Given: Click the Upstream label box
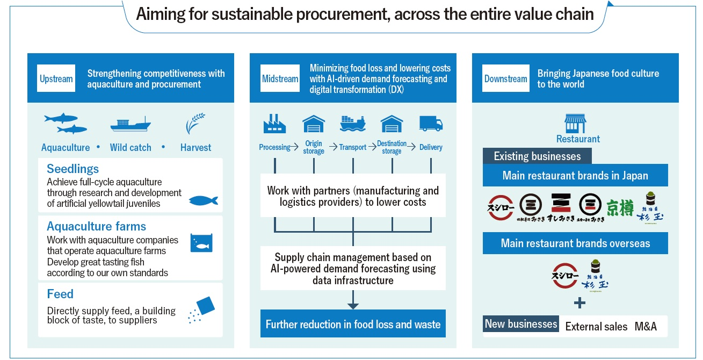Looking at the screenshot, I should [x=56, y=79].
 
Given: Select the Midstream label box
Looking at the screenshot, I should [x=280, y=79].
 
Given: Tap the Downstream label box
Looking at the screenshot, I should [x=505, y=79].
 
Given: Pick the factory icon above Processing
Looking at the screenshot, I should [x=274, y=124].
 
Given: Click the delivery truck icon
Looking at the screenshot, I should [x=431, y=124].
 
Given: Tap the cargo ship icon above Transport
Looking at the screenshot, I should [x=353, y=124].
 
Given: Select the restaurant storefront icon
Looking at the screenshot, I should [x=575, y=124].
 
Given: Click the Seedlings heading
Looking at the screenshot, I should [x=73, y=169].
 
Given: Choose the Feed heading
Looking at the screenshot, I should [x=60, y=294].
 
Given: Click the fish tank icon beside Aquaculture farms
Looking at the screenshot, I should [x=201, y=243].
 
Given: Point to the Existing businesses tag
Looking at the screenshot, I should [x=537, y=156].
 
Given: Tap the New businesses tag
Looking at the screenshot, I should [x=521, y=324].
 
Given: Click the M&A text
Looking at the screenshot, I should [x=646, y=326].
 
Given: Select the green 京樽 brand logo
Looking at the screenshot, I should [x=620, y=208].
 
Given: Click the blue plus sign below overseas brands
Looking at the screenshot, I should [x=579, y=303].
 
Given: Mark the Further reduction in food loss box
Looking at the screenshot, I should [x=353, y=324].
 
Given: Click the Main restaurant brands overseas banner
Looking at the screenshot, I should [x=575, y=243].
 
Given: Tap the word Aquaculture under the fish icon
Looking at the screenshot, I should [x=66, y=148].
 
